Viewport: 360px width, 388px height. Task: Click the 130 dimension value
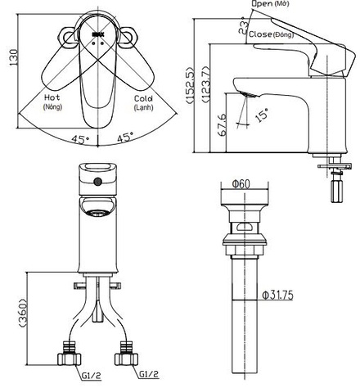point(13,57)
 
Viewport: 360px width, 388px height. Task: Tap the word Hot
point(52,97)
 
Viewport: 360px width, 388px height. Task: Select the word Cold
point(143,98)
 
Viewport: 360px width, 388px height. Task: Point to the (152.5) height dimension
point(190,85)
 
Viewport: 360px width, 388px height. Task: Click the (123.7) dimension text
point(206,84)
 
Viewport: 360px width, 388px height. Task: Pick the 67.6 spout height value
point(223,124)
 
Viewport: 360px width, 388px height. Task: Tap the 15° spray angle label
point(262,115)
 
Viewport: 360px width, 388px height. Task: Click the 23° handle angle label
point(244,25)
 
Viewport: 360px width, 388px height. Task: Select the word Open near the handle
point(262,4)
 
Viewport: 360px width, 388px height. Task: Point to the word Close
point(260,34)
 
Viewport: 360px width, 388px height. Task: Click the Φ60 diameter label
point(241,184)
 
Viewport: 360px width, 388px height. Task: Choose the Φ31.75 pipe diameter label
point(277,295)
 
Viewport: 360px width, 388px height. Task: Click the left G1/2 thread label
point(92,376)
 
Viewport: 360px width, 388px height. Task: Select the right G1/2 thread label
point(149,374)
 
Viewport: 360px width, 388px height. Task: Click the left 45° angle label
point(80,139)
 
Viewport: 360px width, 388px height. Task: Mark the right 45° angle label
point(126,137)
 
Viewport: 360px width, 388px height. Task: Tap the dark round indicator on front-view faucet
point(97,182)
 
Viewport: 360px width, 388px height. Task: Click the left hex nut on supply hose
point(70,359)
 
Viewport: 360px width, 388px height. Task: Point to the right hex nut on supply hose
point(127,359)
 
